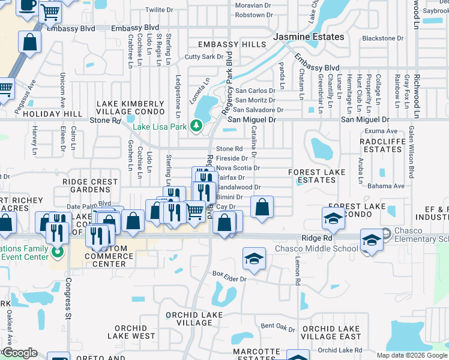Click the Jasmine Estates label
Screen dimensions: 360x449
309,37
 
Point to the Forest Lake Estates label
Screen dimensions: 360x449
316,176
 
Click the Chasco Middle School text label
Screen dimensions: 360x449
316,249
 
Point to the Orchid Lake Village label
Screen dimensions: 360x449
190,319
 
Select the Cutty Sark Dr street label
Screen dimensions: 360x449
204,57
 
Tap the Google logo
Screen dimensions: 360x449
19,353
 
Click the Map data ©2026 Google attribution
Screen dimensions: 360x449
411,355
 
